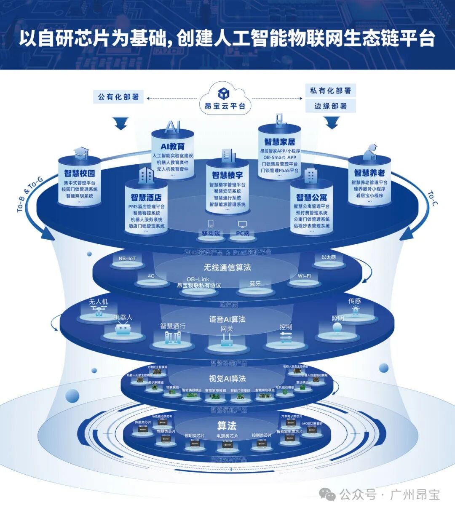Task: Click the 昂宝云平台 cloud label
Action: click(225, 106)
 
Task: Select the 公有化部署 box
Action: click(118, 97)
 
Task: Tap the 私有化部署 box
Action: click(331, 91)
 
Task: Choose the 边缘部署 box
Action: click(331, 106)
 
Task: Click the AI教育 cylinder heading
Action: click(173, 147)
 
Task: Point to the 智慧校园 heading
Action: click(80, 173)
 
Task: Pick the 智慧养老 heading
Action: click(369, 173)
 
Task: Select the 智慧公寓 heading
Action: click(312, 197)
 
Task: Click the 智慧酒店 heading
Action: click(146, 197)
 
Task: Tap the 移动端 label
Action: click(211, 233)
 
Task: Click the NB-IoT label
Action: click(127, 259)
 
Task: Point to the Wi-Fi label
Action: click(304, 276)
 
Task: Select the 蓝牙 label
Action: click(255, 284)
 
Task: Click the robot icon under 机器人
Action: click(123, 329)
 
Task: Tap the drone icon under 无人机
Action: click(99, 311)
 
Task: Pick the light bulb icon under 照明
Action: click(337, 328)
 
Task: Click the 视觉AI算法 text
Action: click(227, 379)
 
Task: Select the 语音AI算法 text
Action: click(227, 319)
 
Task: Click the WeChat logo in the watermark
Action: click(327, 494)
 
